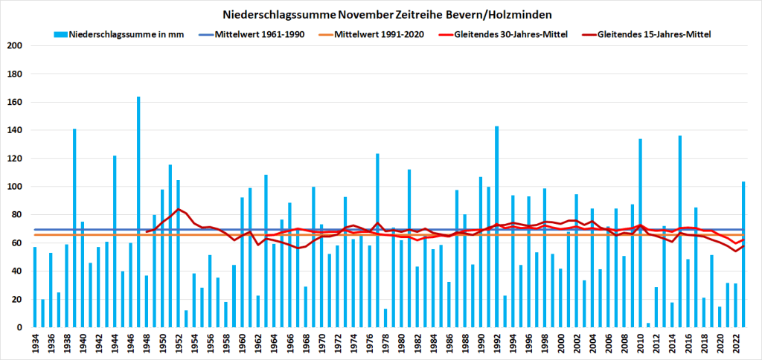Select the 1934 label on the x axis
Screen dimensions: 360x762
[x=35, y=343]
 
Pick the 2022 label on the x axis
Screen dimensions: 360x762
[x=735, y=343]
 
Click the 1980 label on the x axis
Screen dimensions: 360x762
[x=401, y=343]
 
